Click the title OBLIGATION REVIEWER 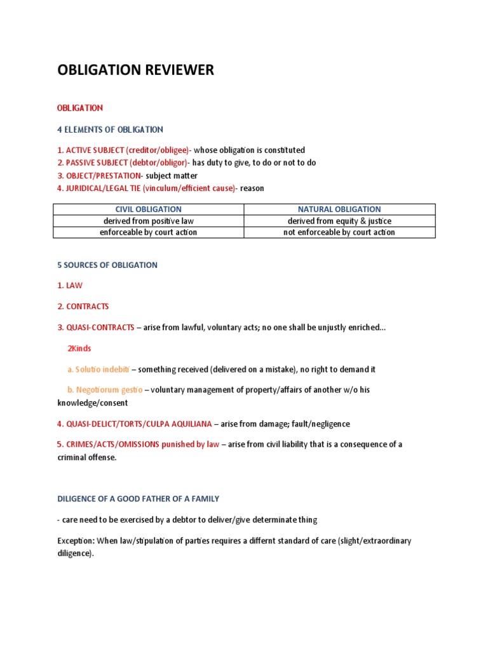tap(135, 70)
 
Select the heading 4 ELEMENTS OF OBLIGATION tap(110, 129)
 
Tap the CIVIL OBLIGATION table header tap(148, 209)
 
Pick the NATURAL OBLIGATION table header tap(339, 209)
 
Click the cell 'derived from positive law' tap(148, 221)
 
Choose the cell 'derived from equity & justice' tap(339, 221)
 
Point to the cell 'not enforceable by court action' tap(339, 232)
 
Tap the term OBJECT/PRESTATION tap(104, 176)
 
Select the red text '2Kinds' tap(79, 348)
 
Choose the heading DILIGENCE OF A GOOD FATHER tap(138, 499)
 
